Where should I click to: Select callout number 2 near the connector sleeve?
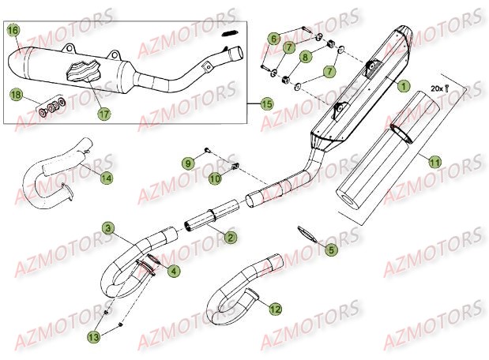(x=229, y=237)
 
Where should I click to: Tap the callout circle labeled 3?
(x=107, y=230)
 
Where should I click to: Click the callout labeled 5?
(x=331, y=249)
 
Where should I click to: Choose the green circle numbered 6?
(x=273, y=37)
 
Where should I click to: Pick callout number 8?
(x=306, y=58)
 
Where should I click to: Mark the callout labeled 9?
(x=187, y=163)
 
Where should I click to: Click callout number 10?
(x=213, y=178)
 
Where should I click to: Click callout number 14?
(x=106, y=178)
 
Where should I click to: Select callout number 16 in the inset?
(x=13, y=31)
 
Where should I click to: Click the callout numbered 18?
(x=15, y=95)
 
